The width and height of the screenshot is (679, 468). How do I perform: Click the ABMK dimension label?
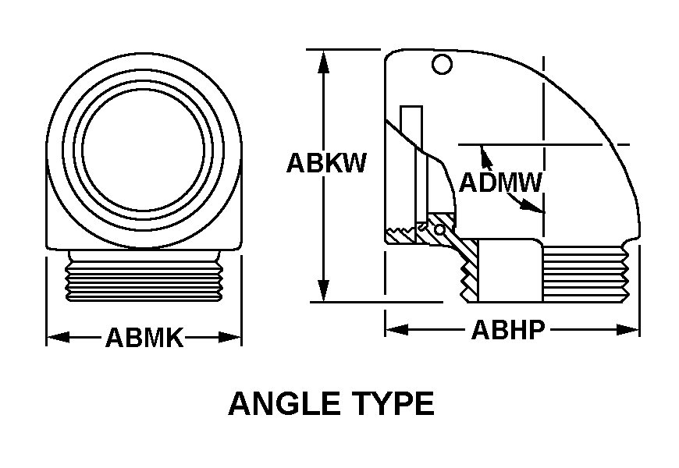[x=144, y=338]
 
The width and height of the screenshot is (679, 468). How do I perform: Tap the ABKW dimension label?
[x=325, y=163]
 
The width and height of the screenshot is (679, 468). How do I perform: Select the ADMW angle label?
[x=500, y=183]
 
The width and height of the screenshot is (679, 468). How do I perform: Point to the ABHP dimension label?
[x=507, y=331]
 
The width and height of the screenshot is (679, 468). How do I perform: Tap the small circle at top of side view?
[x=442, y=65]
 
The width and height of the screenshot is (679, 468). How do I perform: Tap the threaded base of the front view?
[x=144, y=276]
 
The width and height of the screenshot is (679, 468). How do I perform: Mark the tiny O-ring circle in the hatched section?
[x=440, y=231]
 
